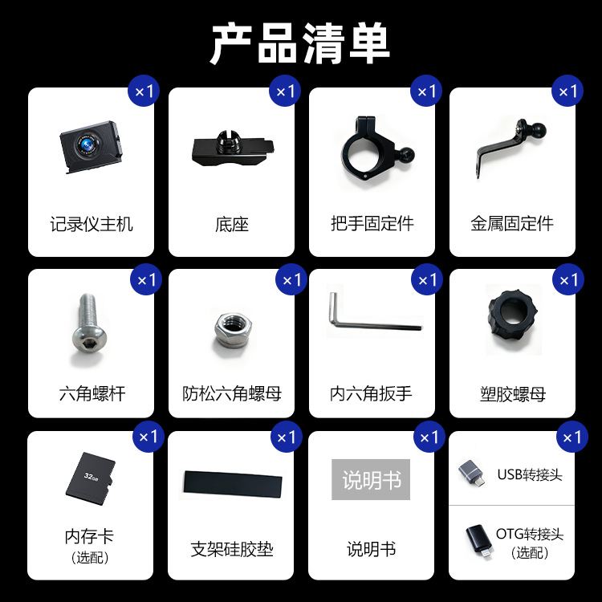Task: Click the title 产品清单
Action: [x=301, y=43]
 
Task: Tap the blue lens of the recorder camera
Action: [x=88, y=145]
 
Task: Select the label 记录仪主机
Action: [x=92, y=224]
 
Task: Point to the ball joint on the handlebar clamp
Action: [x=407, y=155]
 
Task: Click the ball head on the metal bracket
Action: [x=538, y=128]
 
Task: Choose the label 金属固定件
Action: [x=512, y=224]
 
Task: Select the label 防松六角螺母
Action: [x=232, y=393]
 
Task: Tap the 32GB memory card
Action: [x=91, y=478]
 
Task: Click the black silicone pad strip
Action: [x=233, y=485]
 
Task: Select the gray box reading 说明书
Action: [x=371, y=479]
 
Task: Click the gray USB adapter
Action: [x=471, y=474]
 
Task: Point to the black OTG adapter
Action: [x=479, y=541]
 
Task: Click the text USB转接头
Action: [x=530, y=475]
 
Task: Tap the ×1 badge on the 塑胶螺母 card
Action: [x=567, y=279]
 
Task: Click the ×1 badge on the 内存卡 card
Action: [x=148, y=437]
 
